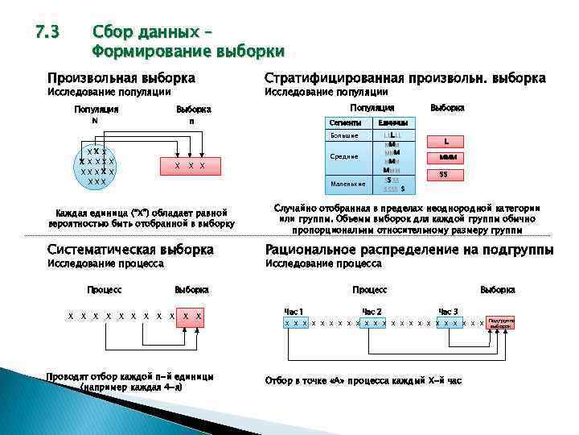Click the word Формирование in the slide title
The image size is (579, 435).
(150, 52)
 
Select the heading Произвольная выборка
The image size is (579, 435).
(121, 78)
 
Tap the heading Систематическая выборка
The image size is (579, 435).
(130, 250)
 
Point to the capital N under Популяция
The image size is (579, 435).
(95, 122)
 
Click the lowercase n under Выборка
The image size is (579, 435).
(192, 122)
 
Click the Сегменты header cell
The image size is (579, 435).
(346, 122)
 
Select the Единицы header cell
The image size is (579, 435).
(394, 122)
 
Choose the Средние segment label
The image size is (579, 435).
(344, 156)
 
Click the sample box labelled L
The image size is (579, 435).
(447, 141)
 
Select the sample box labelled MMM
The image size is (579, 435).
(447, 157)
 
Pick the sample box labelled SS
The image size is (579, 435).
(444, 174)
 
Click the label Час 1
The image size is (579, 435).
(294, 312)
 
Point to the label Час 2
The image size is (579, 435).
(372, 312)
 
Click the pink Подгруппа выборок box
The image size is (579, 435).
(500, 322)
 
